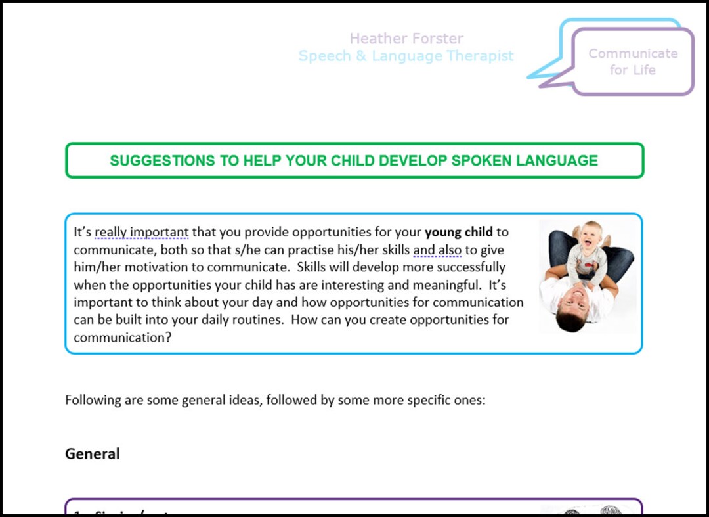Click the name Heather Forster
(406, 39)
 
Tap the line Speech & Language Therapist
(406, 56)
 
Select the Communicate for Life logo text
(632, 61)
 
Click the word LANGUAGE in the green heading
(565, 160)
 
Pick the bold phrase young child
(458, 232)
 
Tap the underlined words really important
(141, 232)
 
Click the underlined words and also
(437, 250)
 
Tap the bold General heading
(92, 454)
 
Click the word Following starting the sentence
(93, 400)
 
